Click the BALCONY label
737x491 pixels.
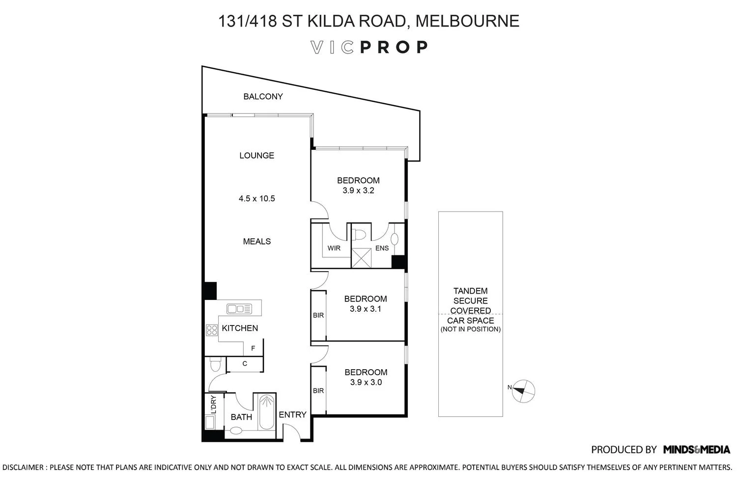pos(263,97)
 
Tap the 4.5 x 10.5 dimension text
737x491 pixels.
pos(256,199)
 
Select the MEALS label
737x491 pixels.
pos(256,242)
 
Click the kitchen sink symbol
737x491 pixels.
pos(239,309)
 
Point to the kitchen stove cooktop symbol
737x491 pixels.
pos(212,330)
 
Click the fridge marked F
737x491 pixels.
pos(253,349)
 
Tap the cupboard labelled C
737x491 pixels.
pos(245,364)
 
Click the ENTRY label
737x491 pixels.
pos(292,415)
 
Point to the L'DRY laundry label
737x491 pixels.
pos(213,405)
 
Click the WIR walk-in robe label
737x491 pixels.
pos(334,248)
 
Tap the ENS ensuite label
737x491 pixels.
pos(382,248)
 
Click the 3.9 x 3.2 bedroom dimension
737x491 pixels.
pos(358,191)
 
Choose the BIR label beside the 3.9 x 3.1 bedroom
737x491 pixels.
pos(318,315)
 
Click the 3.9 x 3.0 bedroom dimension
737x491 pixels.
pos(366,382)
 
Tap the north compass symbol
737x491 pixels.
pos(524,391)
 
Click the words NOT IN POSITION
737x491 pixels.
pos(470,329)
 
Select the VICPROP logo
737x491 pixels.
pos(369,47)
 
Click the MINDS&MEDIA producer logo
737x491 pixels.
pos(696,449)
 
